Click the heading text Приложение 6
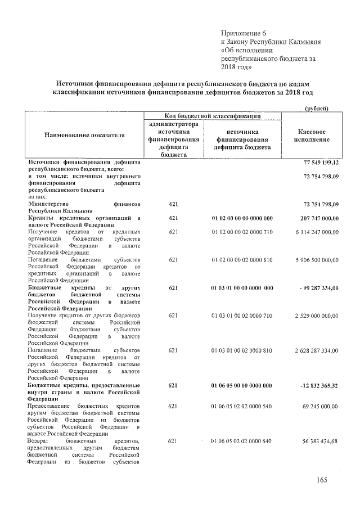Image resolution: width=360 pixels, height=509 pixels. point(243,33)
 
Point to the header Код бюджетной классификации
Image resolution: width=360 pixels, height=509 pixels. point(213,116)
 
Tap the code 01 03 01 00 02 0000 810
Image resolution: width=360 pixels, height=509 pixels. point(242,350)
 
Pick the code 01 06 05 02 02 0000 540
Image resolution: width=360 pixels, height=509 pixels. point(242,406)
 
